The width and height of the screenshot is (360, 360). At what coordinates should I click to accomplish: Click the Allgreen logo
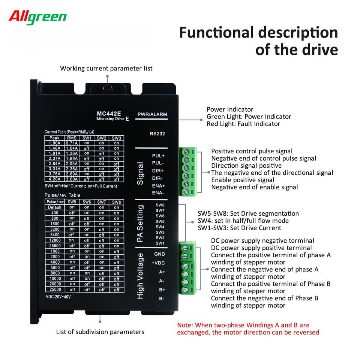(x=37, y=17)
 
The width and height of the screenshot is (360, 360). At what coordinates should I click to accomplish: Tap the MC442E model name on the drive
(x=109, y=113)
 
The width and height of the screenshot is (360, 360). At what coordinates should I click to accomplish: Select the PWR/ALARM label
(x=152, y=114)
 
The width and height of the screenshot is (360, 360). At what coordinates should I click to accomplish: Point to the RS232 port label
(x=157, y=133)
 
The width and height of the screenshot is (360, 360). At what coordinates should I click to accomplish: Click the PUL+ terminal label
(x=158, y=156)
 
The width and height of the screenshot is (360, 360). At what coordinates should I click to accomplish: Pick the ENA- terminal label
(x=158, y=193)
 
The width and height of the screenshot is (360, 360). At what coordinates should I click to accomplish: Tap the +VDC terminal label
(x=158, y=263)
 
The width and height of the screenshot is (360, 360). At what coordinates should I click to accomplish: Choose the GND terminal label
(x=160, y=254)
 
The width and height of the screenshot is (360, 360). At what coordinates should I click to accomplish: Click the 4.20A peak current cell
(x=54, y=179)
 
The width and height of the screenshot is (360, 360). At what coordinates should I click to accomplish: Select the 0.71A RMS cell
(x=72, y=143)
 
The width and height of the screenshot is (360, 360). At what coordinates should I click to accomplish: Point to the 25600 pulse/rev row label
(x=55, y=246)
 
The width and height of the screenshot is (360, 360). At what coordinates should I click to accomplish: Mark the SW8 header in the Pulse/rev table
(x=116, y=202)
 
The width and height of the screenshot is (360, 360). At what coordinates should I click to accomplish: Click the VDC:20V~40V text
(x=58, y=297)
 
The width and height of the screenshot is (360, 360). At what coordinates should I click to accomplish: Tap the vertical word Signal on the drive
(x=140, y=174)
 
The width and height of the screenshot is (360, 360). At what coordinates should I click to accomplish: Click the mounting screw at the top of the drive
(x=108, y=88)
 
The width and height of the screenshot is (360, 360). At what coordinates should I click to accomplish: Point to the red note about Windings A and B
(x=248, y=329)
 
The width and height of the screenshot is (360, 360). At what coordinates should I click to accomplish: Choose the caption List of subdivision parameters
(x=100, y=332)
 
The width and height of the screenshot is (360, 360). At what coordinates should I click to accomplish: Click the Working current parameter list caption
(x=106, y=68)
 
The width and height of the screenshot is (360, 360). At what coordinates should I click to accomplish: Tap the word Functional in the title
(x=216, y=32)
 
